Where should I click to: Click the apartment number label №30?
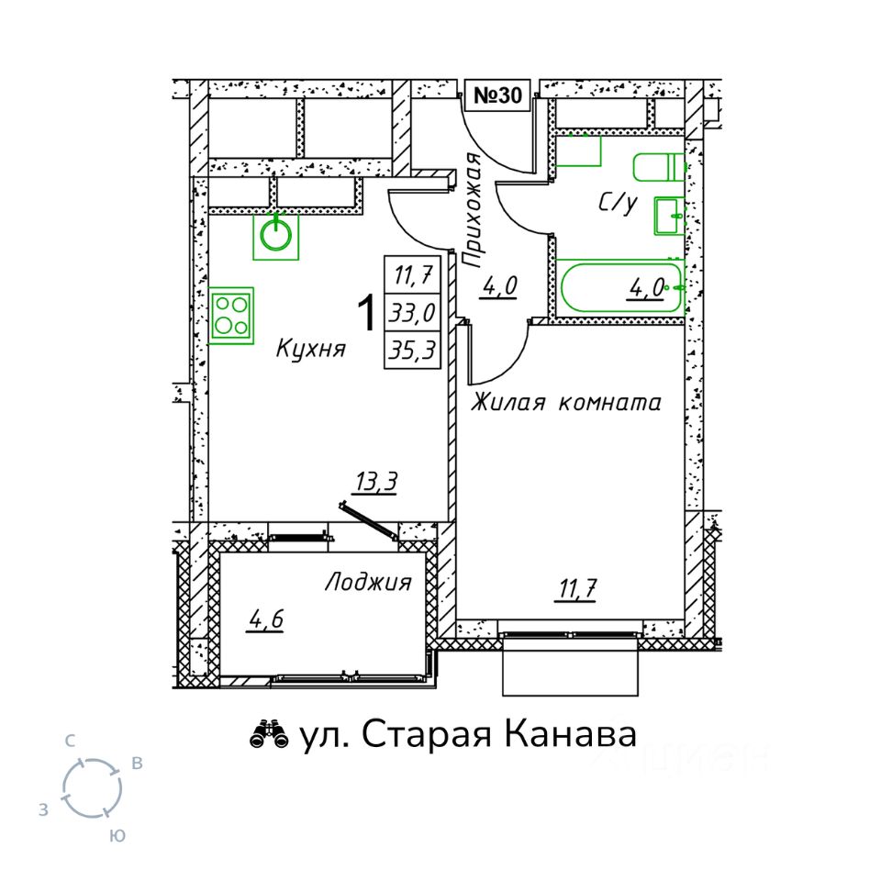[x=497, y=95]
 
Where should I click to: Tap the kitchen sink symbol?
[x=275, y=236]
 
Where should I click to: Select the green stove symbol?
[x=231, y=315]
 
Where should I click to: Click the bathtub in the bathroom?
[x=621, y=287]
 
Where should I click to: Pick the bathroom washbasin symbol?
[x=669, y=216]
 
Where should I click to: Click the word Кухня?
[x=311, y=349]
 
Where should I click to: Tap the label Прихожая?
[x=472, y=209]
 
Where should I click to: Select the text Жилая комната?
[x=566, y=402]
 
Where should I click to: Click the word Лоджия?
[x=368, y=582]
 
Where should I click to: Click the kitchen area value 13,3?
[x=376, y=482]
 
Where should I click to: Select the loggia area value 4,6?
[x=265, y=619]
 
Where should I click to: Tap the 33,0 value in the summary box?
[x=413, y=312]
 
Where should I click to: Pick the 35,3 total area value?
[x=413, y=350]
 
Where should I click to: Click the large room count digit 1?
[x=366, y=314]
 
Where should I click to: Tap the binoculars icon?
[x=269, y=734]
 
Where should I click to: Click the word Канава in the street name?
[x=569, y=734]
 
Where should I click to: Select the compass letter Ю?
[x=117, y=835]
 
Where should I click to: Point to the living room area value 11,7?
[x=577, y=589]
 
